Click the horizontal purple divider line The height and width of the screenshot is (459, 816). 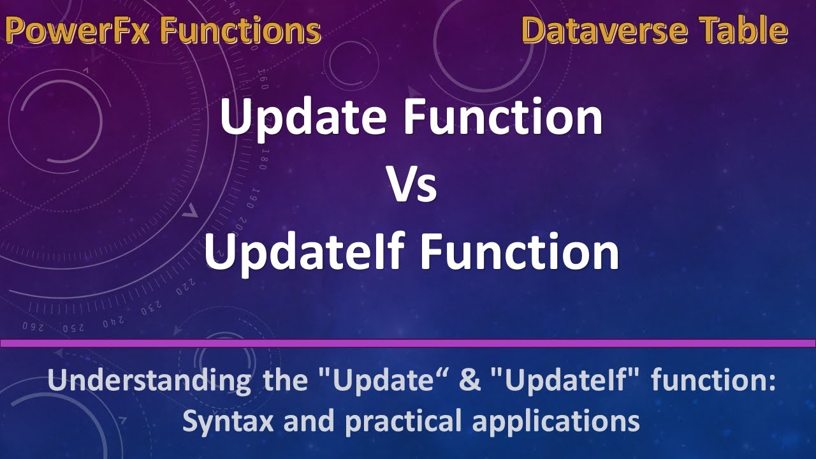408,344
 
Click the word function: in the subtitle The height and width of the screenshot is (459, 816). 714,382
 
